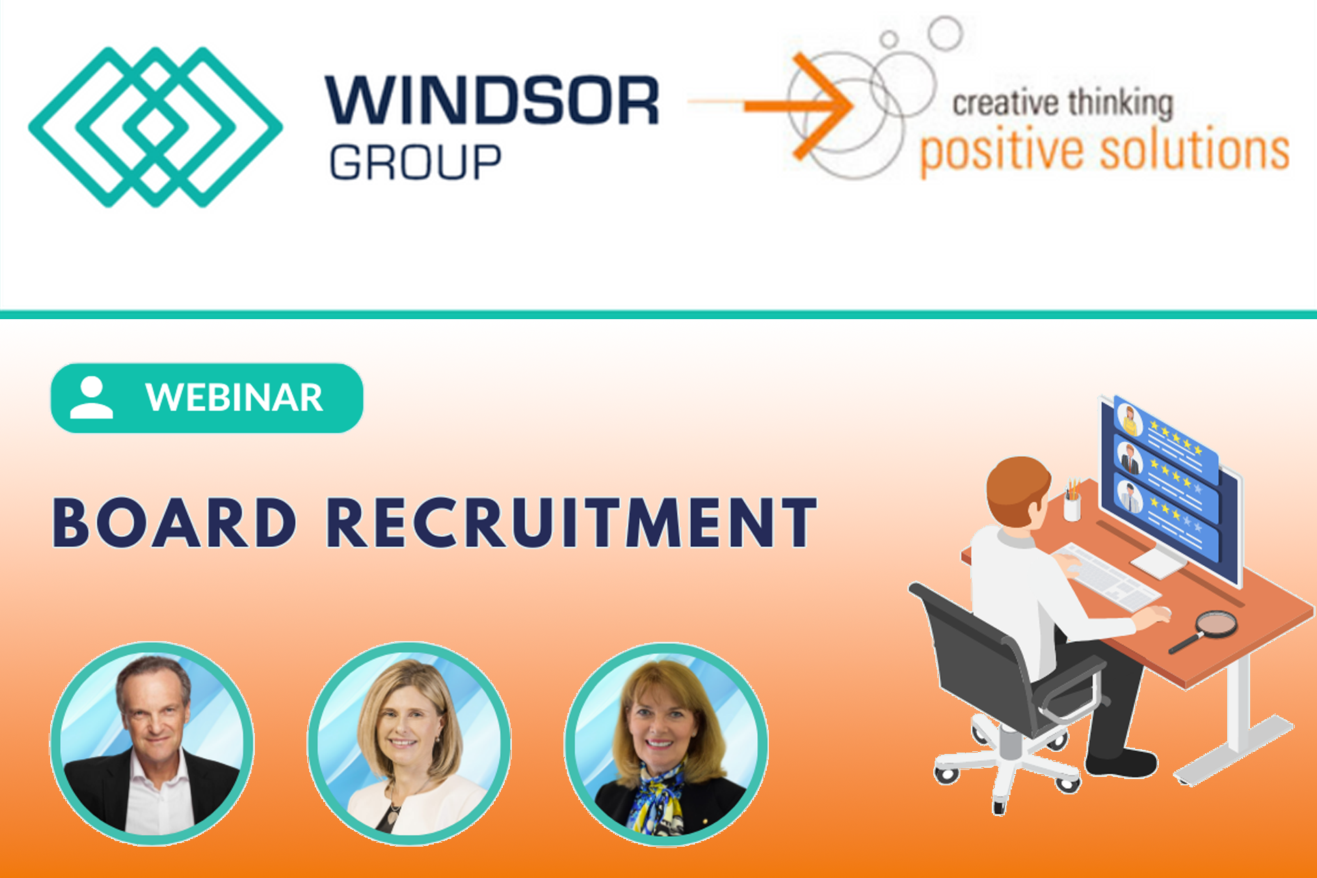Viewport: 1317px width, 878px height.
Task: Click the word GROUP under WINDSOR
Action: point(415,162)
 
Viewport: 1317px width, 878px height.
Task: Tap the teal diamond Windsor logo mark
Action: point(155,127)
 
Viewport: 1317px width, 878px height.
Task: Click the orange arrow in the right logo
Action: point(771,105)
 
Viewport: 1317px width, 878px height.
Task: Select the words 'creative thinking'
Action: point(1063,103)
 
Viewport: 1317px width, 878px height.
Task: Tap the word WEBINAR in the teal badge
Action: point(234,397)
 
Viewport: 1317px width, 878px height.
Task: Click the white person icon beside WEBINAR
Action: point(91,398)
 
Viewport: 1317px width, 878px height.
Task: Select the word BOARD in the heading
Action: point(175,523)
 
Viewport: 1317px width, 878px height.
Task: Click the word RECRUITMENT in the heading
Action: point(572,523)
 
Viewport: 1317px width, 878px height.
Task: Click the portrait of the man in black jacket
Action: point(152,744)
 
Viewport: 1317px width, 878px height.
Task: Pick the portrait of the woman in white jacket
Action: point(410,744)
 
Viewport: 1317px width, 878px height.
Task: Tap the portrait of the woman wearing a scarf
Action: point(667,744)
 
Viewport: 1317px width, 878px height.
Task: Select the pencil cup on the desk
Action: point(1072,501)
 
